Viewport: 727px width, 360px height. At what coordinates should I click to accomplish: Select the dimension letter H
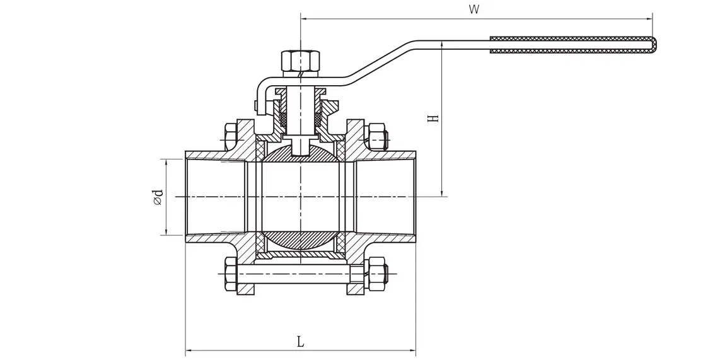pos(433,118)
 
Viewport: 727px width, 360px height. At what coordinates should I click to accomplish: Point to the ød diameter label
pos(158,197)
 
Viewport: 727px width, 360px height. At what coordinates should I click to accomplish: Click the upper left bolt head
pos(230,135)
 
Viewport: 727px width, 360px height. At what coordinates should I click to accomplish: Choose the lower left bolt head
pos(230,274)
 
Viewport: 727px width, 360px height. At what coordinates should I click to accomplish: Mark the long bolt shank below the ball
pos(293,274)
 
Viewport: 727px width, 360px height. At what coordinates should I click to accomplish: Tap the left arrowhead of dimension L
pos(189,349)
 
